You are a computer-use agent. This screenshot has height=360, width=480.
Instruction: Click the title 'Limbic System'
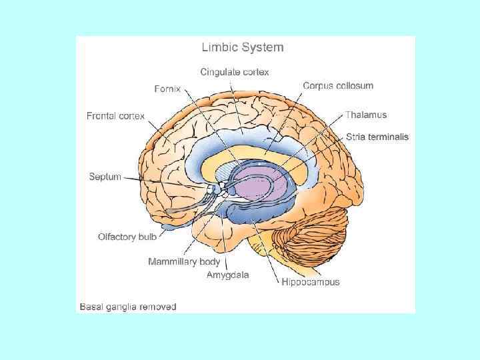pyautogui.click(x=243, y=47)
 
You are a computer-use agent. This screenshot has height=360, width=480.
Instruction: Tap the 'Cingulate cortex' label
pyautogui.click(x=235, y=71)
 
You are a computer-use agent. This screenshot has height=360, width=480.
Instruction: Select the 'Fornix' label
pyautogui.click(x=167, y=89)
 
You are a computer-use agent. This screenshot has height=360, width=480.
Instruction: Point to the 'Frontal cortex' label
pyautogui.click(x=115, y=116)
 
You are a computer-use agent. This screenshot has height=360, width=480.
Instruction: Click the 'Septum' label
pyautogui.click(x=105, y=177)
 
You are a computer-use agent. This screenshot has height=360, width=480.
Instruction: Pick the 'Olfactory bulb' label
pyautogui.click(x=127, y=237)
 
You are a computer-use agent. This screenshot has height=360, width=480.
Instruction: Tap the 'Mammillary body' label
pyautogui.click(x=184, y=261)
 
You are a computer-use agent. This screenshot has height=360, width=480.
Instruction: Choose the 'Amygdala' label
pyautogui.click(x=228, y=275)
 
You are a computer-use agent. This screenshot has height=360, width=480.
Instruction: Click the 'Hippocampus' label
pyautogui.click(x=311, y=282)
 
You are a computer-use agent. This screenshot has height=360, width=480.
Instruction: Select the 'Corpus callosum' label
pyautogui.click(x=338, y=85)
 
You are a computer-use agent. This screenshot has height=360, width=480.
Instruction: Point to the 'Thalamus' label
pyautogui.click(x=366, y=115)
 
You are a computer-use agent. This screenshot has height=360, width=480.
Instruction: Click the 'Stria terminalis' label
pyautogui.click(x=377, y=137)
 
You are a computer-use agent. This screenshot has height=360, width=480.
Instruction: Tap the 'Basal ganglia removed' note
pyautogui.click(x=128, y=307)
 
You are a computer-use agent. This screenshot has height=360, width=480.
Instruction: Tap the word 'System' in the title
pyautogui.click(x=262, y=47)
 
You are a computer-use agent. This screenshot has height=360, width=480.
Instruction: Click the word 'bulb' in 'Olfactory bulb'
pyautogui.click(x=147, y=237)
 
